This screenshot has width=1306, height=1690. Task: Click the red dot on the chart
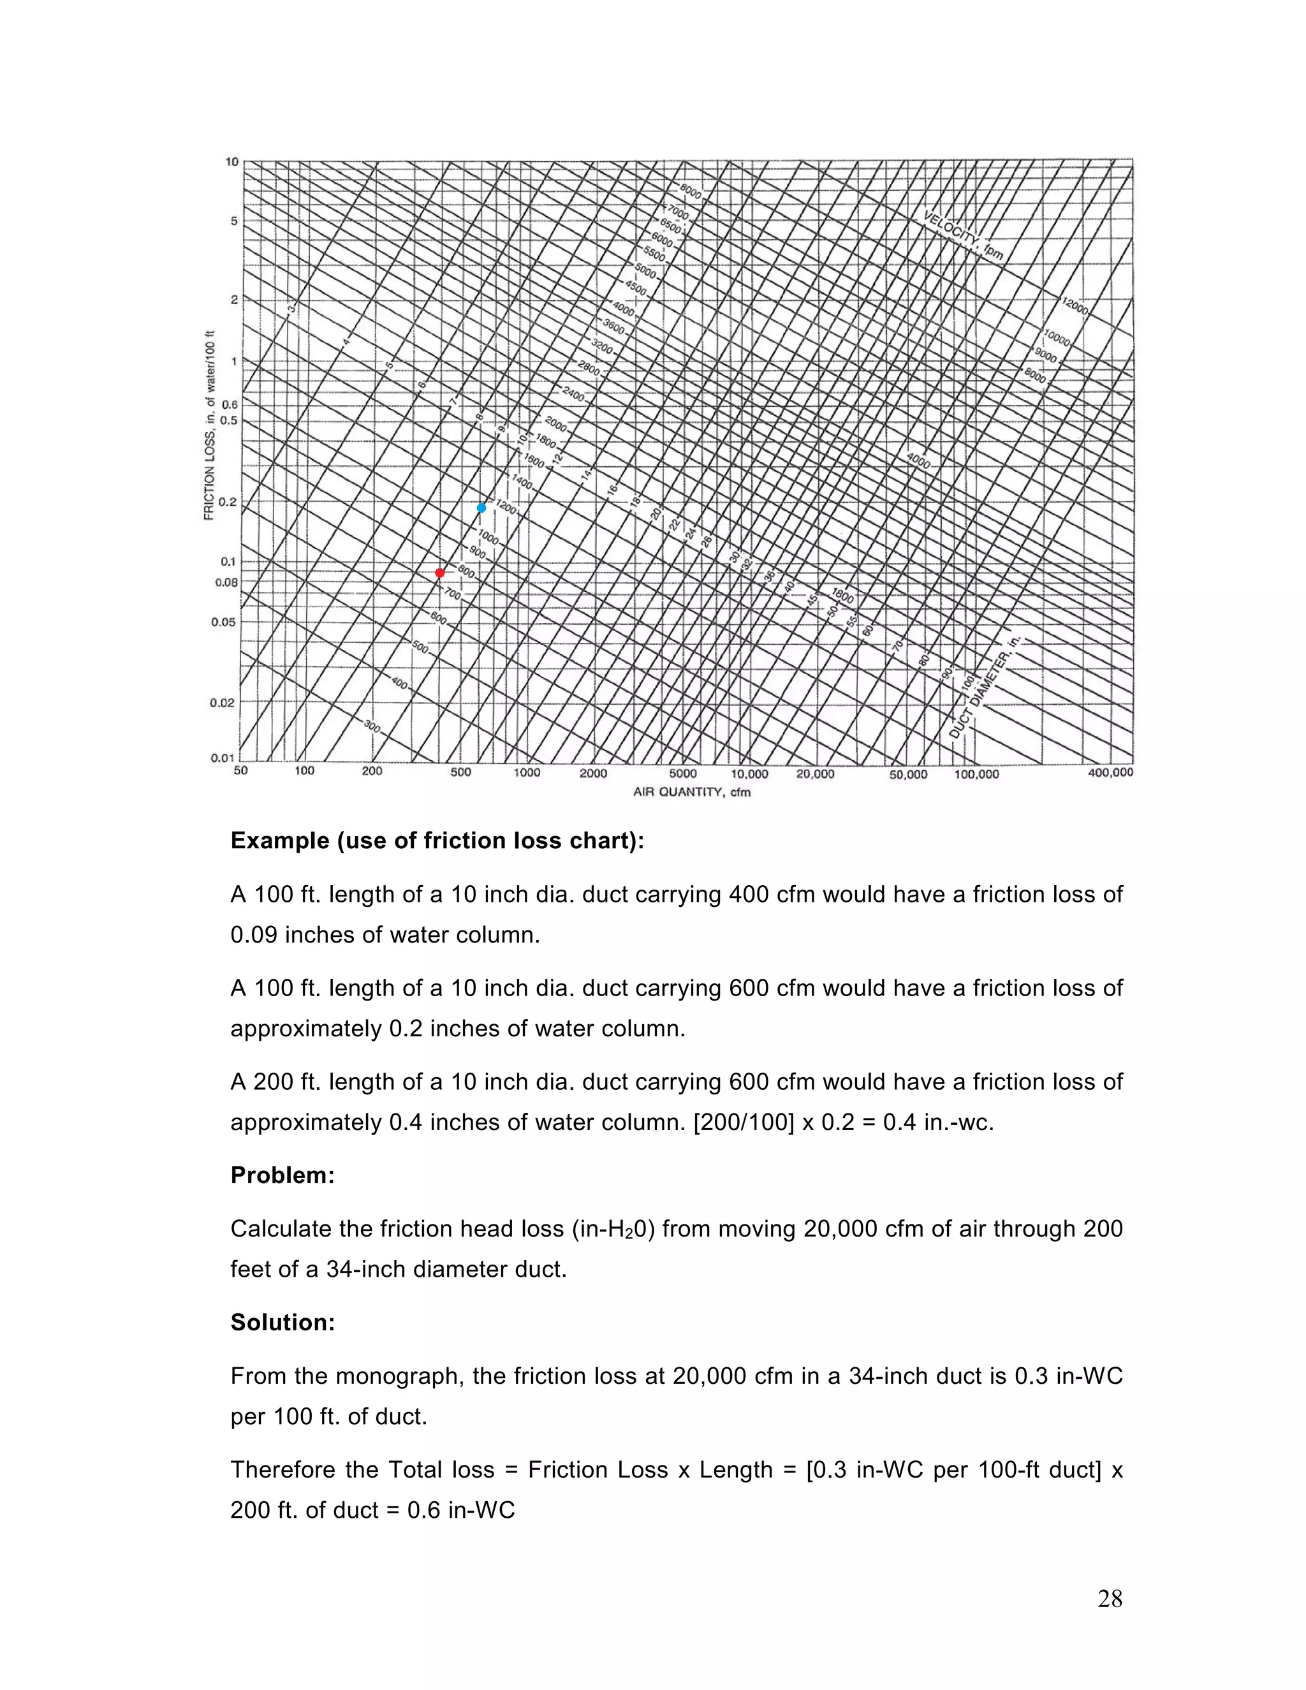coord(439,573)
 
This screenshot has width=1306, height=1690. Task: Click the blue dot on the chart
coord(481,508)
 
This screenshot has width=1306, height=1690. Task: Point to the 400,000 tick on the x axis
coord(1110,773)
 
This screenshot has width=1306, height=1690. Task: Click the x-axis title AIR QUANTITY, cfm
coord(692,791)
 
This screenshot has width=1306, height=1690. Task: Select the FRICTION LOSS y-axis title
coord(209,425)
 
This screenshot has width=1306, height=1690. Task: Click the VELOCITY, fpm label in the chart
coord(964,235)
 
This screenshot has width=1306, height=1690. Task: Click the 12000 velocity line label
coord(1075,305)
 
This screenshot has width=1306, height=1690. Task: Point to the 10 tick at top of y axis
coord(231,162)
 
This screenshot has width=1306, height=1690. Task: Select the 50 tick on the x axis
coord(240,771)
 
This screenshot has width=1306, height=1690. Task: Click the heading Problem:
coord(282,1175)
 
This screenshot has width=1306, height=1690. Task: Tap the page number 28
coord(1110,1599)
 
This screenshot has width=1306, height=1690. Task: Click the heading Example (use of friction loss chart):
coord(437,841)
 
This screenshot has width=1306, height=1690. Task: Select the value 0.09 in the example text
coord(254,935)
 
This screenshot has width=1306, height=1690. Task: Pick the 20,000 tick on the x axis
coord(816,774)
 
